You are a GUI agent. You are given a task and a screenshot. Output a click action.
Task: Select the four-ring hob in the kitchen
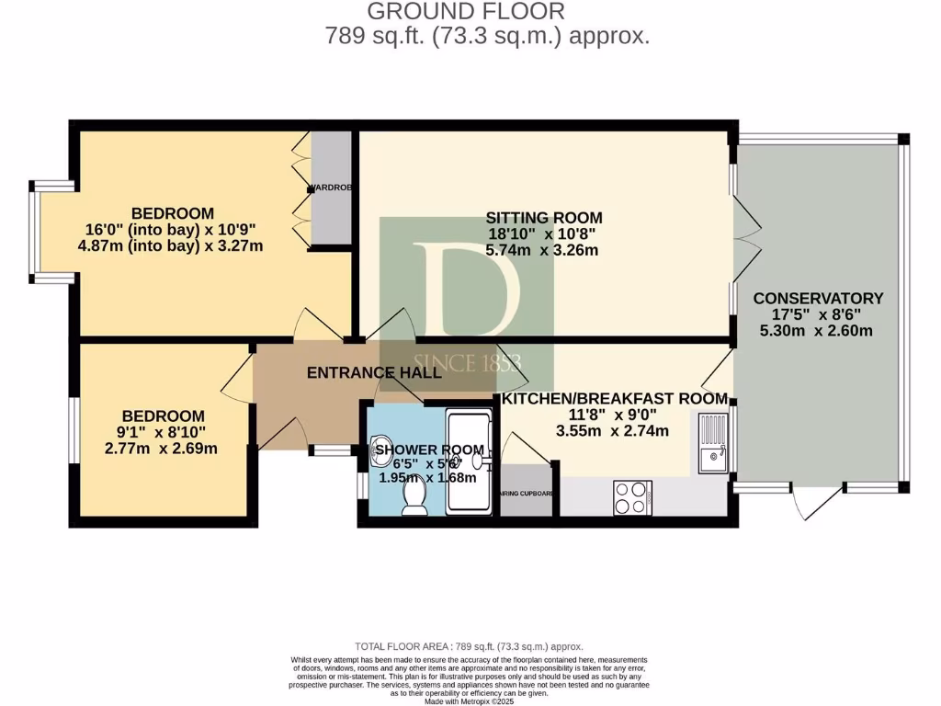[631, 497]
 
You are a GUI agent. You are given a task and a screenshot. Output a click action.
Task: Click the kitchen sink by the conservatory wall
[713, 445]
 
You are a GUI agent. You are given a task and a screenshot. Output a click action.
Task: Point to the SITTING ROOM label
[544, 218]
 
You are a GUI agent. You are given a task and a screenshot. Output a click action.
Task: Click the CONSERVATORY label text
[817, 299]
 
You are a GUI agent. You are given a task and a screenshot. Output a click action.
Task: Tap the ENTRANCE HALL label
[373, 373]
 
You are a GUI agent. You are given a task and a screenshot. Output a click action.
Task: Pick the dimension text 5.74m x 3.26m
[544, 250]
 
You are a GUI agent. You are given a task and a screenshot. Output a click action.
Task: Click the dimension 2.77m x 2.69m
[162, 449]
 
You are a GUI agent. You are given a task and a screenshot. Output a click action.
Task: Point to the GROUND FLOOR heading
[466, 12]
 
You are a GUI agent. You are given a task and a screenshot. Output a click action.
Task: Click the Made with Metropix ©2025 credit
[470, 701]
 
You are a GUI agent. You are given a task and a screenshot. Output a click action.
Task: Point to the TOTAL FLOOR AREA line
[469, 647]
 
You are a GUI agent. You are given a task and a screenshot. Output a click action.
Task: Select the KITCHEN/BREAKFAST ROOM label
[612, 399]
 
